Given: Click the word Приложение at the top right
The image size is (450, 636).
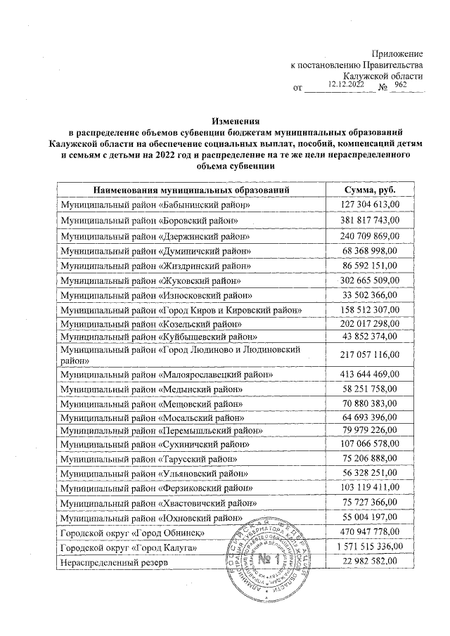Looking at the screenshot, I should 397,54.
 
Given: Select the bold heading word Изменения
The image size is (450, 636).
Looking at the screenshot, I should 232,121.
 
